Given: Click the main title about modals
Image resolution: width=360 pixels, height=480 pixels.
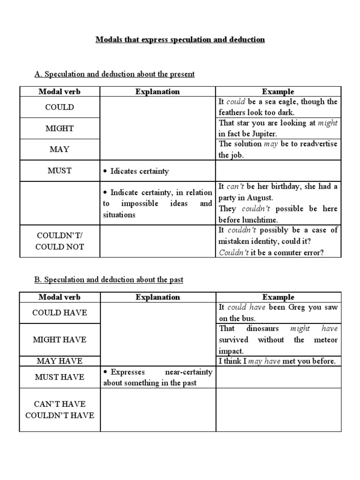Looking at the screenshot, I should [180, 40].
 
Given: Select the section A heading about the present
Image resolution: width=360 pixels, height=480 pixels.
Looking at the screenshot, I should [115, 74].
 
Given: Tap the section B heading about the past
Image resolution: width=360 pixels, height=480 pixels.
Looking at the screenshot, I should [109, 280].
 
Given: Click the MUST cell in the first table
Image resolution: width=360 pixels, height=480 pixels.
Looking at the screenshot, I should [60, 171].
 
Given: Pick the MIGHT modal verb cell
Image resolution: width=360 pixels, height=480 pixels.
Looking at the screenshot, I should [60, 128].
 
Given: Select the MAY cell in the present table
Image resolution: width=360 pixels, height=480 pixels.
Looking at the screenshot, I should [60, 150].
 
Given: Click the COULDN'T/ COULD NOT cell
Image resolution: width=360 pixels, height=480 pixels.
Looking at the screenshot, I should [60, 241].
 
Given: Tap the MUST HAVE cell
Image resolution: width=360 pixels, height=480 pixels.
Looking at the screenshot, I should [60, 377].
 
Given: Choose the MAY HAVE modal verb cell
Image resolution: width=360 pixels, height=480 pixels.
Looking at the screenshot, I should [60, 361].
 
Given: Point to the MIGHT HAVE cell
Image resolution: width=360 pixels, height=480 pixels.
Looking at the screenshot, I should [60, 339].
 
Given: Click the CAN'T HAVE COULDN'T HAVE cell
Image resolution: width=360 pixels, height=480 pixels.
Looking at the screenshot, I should [60, 410].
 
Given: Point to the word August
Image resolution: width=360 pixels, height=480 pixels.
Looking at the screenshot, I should [260, 197].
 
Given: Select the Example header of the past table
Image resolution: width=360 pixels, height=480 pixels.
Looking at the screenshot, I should [278, 297].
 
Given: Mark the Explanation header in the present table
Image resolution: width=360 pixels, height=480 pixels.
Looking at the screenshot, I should [157, 91].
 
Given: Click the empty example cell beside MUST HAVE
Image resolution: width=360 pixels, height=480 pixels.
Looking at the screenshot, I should [278, 377].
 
